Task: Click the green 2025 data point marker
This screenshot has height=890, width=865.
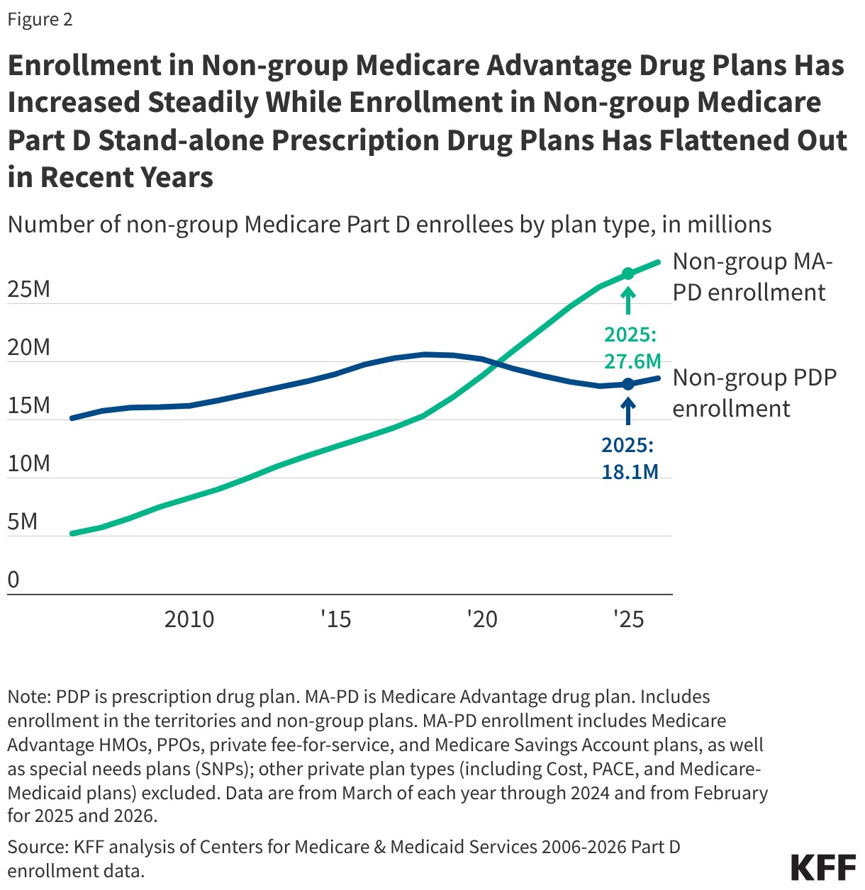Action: (627, 274)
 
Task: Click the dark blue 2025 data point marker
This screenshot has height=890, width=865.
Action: (627, 384)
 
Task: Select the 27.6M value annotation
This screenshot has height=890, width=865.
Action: (632, 361)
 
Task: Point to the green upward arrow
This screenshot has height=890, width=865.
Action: (627, 300)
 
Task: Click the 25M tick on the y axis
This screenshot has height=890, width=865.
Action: (29, 289)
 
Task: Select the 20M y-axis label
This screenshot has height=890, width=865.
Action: (29, 347)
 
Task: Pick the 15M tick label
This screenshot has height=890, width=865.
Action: (29, 405)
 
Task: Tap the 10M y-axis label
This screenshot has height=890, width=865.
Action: (29, 463)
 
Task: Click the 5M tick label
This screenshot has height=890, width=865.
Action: (23, 522)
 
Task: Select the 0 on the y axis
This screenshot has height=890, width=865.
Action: (13, 580)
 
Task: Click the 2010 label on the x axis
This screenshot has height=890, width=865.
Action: (189, 619)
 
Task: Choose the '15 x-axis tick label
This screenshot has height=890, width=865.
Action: (335, 619)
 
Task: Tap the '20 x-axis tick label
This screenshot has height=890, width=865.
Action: (481, 619)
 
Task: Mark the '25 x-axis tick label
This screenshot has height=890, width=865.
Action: (628, 619)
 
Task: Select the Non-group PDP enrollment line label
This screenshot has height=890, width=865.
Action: (754, 393)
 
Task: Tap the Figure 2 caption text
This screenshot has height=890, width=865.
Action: (40, 19)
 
